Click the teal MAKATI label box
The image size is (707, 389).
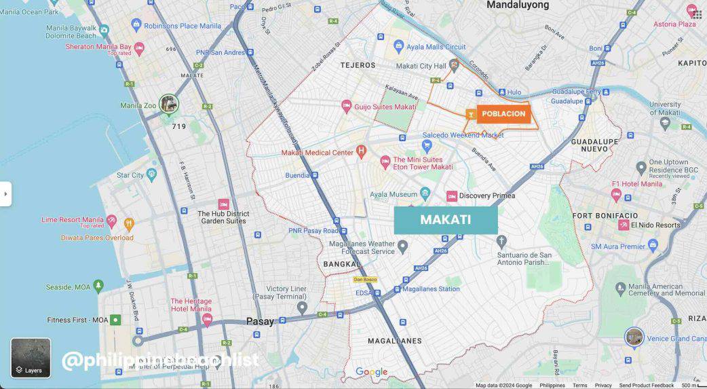point(446,220)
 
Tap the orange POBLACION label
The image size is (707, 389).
point(503,114)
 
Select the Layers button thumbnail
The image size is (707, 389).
point(31,358)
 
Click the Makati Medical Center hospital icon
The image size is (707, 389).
point(361,151)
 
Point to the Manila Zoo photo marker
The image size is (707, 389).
point(168,104)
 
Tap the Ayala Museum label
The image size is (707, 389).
point(393,195)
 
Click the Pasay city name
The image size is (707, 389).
point(260,322)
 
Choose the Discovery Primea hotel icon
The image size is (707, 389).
point(452,196)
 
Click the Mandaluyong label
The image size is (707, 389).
point(518,5)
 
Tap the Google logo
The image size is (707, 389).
point(372,372)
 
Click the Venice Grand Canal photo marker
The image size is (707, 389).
point(634,337)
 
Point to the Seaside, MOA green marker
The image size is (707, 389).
point(98,286)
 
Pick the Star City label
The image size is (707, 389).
point(130,175)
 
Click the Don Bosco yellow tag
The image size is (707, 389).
point(364,280)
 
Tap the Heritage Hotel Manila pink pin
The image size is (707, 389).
point(207,318)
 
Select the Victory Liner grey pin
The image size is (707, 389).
point(302,308)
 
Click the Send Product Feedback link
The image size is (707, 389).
point(646,386)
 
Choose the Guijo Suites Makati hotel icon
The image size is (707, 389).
point(346,107)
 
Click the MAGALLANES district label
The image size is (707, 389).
point(394,341)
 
